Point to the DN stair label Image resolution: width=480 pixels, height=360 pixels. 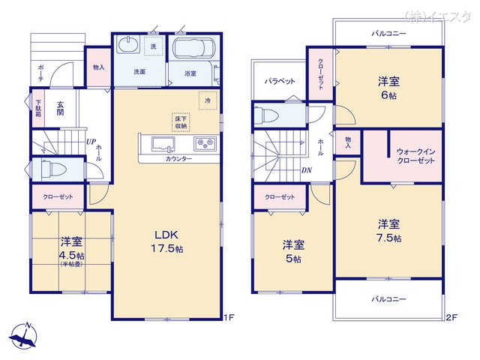click(306, 170)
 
